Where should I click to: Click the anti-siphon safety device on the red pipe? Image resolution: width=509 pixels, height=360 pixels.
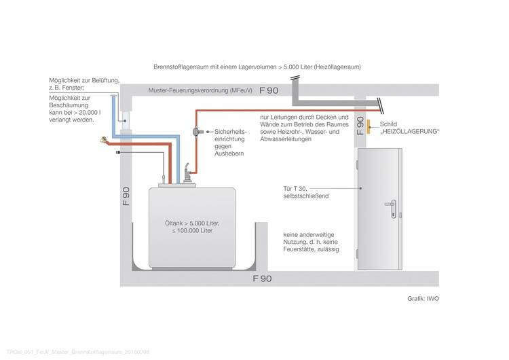[197, 130]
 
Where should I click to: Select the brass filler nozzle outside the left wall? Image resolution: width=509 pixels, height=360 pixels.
[103, 141]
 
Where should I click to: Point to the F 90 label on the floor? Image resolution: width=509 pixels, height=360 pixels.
[261, 278]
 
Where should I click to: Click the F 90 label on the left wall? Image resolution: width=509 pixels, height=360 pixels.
[126, 198]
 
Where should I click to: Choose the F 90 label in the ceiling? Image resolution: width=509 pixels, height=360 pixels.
[262, 90]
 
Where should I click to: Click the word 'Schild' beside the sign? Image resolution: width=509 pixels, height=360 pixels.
[389, 124]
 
